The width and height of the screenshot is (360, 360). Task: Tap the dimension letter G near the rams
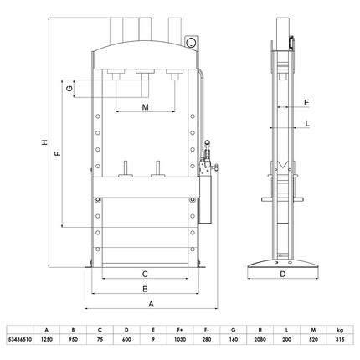[x=72, y=88]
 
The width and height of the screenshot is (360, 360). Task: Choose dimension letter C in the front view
[x=145, y=273]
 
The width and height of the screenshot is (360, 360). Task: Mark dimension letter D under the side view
[x=282, y=273]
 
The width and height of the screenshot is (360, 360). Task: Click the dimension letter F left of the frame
[x=56, y=155]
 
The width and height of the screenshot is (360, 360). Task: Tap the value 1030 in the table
[x=178, y=341]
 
